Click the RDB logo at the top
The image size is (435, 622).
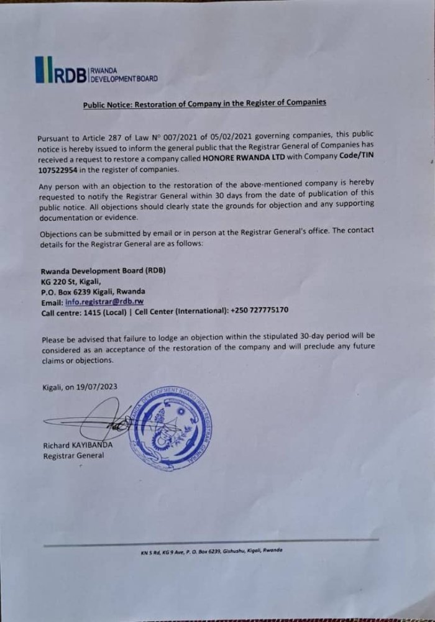(96, 71)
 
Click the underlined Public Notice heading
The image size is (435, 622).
(204, 103)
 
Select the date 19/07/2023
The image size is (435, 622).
(97, 386)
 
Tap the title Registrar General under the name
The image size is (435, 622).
(73, 455)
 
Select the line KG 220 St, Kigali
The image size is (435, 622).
(70, 281)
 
